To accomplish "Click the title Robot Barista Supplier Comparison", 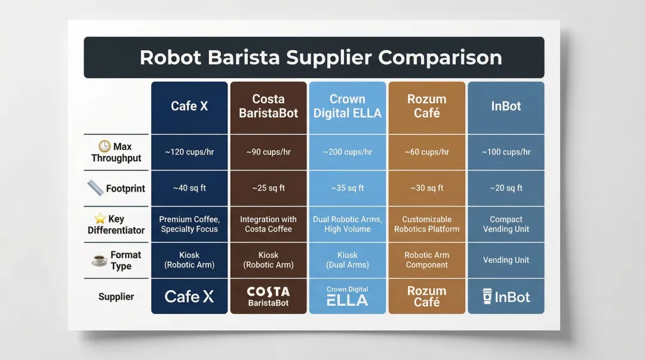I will [321, 57].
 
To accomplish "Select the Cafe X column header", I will [189, 106].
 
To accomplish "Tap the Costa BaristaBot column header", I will [268, 106].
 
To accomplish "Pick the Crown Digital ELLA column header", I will [347, 106].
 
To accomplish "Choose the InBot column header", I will [506, 106].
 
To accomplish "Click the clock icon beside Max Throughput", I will [105, 146].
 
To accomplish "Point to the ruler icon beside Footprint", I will [96, 188].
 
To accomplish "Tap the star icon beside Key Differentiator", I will [100, 219].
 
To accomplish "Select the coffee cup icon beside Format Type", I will [99, 260].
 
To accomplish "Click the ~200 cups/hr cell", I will [347, 152].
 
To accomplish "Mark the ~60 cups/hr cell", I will [426, 152].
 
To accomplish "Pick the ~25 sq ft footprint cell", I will [268, 188].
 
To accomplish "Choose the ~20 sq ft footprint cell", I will [506, 188].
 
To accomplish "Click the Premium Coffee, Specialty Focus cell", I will [189, 224].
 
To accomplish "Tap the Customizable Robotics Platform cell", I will [426, 224].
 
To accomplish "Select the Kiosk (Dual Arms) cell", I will [347, 260].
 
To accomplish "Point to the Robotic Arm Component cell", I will [426, 260].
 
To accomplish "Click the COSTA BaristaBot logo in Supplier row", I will [268, 296].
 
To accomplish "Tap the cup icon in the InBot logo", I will [487, 296].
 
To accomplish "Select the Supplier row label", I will [116, 297].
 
